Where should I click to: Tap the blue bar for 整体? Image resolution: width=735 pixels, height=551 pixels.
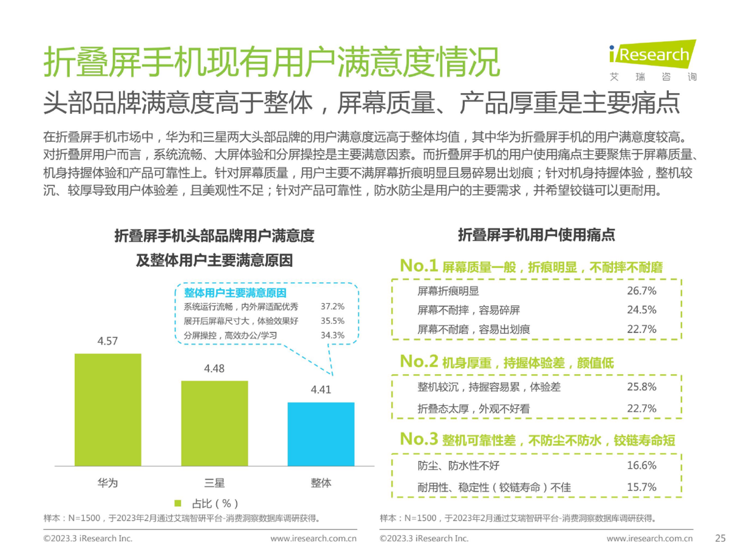click(321, 433)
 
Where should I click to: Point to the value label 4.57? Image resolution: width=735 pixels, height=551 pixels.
click(108, 342)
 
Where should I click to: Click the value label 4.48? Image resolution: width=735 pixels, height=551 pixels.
click(214, 369)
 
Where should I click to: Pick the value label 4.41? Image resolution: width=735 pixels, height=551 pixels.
click(321, 389)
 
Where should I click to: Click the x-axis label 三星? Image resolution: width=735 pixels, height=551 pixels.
click(214, 483)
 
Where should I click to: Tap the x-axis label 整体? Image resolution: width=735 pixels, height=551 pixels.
click(321, 483)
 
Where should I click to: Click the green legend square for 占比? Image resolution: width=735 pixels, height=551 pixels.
click(178, 503)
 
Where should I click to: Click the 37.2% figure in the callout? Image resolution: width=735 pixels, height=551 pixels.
click(333, 306)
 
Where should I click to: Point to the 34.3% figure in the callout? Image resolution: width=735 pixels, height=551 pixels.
click(333, 335)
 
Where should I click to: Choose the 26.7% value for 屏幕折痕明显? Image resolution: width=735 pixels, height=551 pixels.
click(641, 290)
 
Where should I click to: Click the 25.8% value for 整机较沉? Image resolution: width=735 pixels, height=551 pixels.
click(641, 387)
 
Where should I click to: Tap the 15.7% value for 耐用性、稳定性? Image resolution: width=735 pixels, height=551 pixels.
click(641, 487)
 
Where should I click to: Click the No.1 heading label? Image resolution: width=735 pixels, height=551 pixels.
click(418, 266)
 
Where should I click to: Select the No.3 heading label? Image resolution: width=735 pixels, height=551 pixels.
click(418, 440)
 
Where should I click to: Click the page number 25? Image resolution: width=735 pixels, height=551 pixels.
click(720, 539)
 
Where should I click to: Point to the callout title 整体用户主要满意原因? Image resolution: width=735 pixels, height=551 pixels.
click(235, 293)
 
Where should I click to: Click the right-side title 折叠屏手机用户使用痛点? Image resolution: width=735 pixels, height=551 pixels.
click(536, 234)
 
